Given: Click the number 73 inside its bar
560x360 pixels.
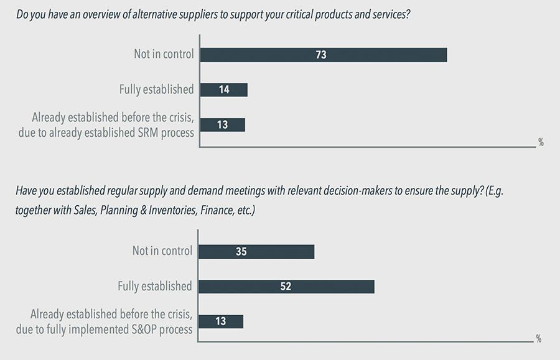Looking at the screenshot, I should click(321, 55).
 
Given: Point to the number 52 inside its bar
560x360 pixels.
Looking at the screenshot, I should click(285, 287).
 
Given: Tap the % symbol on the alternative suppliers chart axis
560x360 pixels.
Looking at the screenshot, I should click(541, 142).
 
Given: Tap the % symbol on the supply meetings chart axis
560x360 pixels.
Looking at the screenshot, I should click(539, 339).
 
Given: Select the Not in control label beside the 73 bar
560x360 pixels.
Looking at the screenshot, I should click(164, 54).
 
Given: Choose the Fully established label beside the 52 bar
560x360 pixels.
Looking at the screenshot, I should click(155, 287).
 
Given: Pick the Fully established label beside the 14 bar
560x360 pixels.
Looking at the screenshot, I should click(156, 90).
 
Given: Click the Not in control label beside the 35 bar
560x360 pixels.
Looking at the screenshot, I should click(162, 252).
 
